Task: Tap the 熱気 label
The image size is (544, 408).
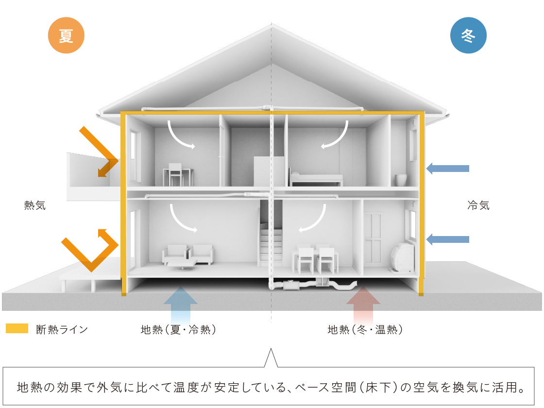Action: pyautogui.click(x=35, y=205)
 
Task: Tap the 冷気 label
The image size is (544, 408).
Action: pyautogui.click(x=478, y=205)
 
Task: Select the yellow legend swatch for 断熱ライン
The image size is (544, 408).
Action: pyautogui.click(x=17, y=329)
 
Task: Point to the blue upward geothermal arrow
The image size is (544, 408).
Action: pyautogui.click(x=180, y=304)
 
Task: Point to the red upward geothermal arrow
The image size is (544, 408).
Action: pyautogui.click(x=363, y=304)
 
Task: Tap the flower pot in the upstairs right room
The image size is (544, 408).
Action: pyautogui.click(x=401, y=180)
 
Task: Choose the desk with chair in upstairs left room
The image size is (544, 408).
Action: pyautogui.click(x=178, y=174)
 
